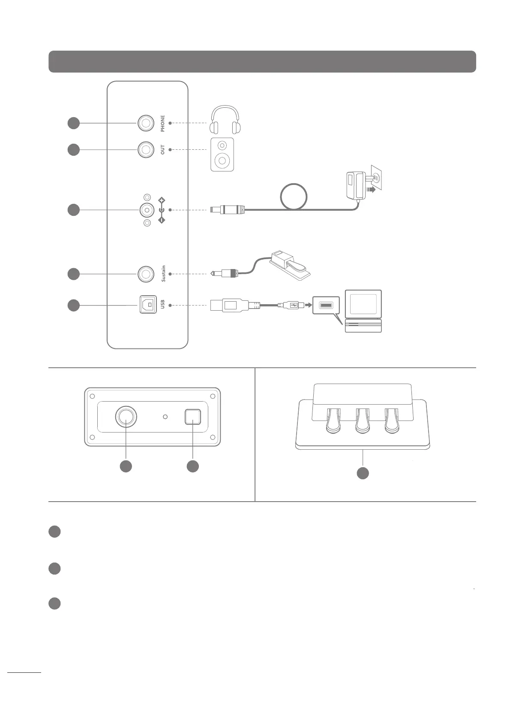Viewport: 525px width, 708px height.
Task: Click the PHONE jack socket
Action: point(146,123)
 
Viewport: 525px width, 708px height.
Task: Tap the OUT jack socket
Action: point(146,150)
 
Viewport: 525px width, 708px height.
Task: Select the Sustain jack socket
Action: point(146,274)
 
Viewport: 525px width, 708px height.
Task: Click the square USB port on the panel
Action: point(148,305)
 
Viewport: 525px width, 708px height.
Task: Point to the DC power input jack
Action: point(147,210)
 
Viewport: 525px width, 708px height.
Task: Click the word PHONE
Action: point(162,123)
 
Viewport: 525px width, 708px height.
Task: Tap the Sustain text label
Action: point(163,274)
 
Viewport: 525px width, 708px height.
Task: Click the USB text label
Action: point(162,305)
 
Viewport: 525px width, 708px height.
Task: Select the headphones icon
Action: point(225,120)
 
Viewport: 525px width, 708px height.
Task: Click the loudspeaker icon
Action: point(222,154)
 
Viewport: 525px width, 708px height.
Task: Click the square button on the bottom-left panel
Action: point(192,417)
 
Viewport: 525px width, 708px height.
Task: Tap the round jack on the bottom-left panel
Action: point(126,417)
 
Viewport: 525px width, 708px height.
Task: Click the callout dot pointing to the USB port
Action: point(74,305)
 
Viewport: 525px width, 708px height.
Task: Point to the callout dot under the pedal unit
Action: point(363,473)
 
